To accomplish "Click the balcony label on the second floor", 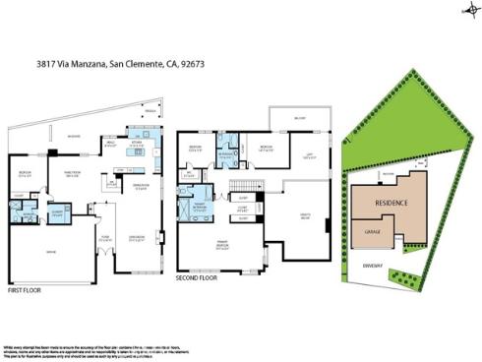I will [x=299, y=118].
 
